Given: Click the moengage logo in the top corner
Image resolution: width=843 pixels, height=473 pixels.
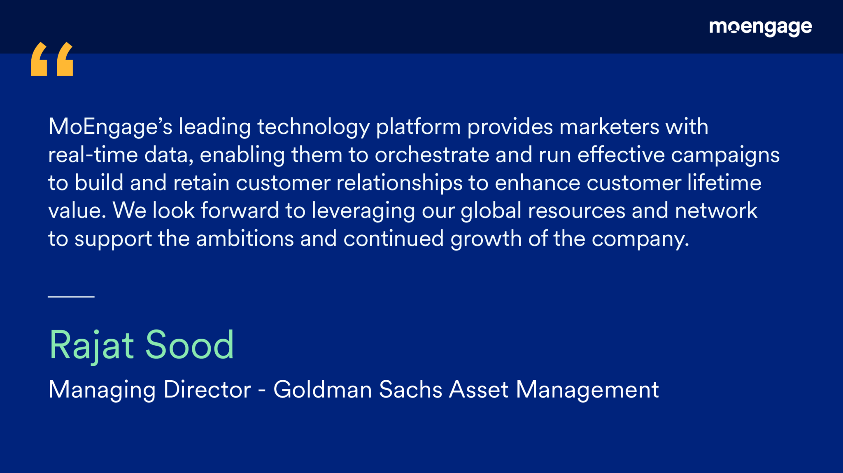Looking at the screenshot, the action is (760, 28).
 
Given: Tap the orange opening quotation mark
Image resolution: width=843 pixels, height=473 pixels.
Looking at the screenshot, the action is (52, 59).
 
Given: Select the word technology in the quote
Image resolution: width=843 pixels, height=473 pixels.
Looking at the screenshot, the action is (314, 127).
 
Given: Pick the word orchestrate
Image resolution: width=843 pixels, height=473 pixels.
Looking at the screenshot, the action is (432, 155).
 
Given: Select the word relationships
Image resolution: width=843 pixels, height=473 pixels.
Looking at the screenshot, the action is (399, 183).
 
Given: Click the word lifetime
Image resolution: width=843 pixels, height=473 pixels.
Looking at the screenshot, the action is (724, 183).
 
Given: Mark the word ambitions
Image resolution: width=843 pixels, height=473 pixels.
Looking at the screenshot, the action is (245, 239).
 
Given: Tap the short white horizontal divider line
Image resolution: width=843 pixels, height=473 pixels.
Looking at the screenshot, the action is (71, 296).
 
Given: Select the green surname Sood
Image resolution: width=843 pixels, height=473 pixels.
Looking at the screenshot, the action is (190, 345).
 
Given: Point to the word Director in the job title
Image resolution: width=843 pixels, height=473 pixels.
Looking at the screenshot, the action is (207, 389).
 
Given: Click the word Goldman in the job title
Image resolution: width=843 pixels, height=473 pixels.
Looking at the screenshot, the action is (323, 389).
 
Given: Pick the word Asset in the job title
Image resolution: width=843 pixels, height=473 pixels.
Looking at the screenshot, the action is (479, 389).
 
